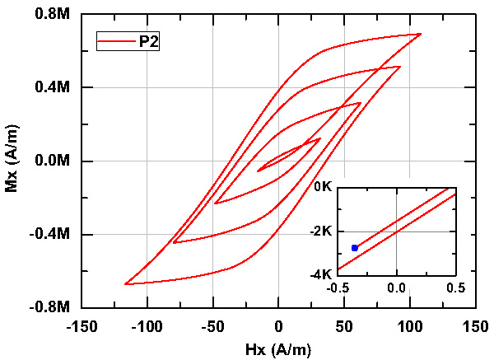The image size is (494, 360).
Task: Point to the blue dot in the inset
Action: [355, 248]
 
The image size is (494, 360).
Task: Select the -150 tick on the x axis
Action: [82, 326]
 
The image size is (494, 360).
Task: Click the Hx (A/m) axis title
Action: [277, 348]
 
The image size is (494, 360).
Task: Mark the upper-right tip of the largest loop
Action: [421, 34]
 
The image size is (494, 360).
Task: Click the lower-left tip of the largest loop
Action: [125, 284]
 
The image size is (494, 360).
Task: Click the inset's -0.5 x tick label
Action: [338, 288]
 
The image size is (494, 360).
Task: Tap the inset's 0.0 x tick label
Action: [397, 288]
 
